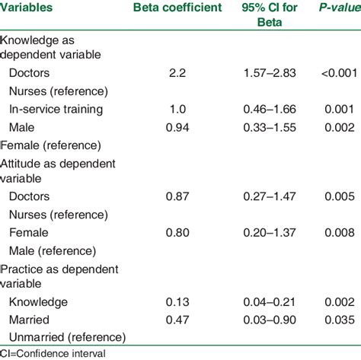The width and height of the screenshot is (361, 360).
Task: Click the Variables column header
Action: [x=31, y=8]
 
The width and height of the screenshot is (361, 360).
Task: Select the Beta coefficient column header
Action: [x=177, y=8]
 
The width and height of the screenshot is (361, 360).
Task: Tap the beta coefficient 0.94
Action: [x=177, y=126]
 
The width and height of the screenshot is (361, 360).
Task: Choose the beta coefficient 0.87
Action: [x=177, y=196]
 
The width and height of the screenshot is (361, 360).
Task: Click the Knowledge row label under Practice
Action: [x=39, y=301]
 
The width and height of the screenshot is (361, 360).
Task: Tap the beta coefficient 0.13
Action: [x=177, y=301]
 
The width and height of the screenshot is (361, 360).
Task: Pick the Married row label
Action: [x=31, y=320]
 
